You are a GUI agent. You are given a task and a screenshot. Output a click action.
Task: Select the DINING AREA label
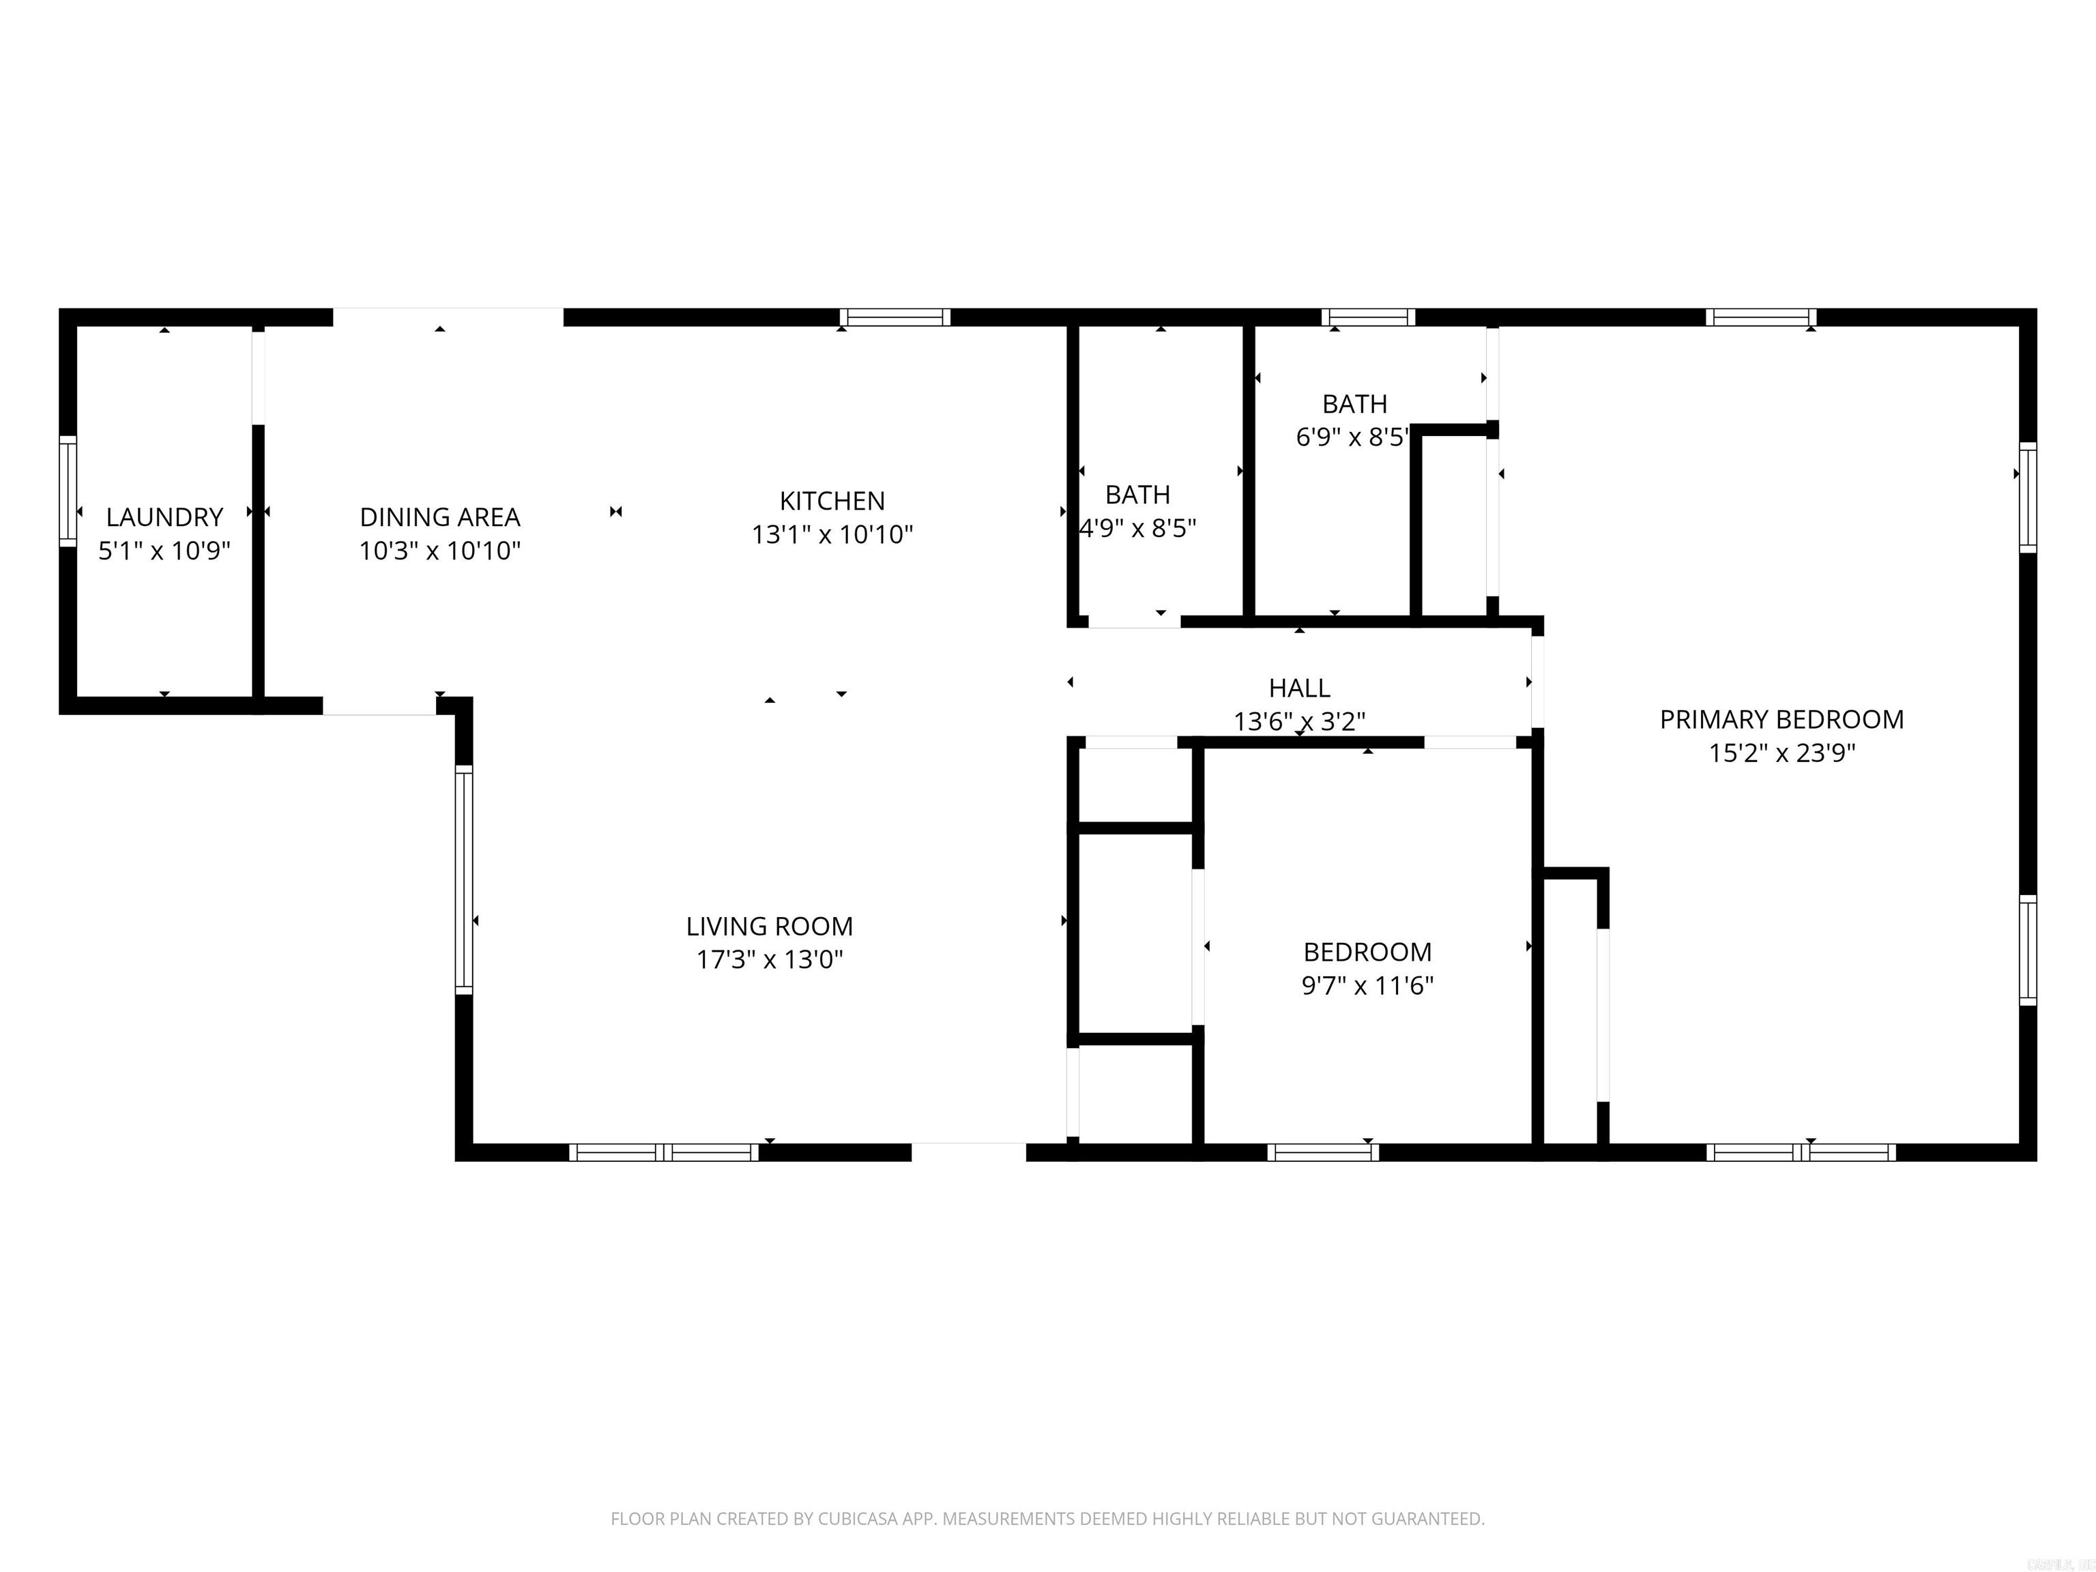coord(439,517)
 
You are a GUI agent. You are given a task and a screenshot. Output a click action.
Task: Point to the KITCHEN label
coord(832,501)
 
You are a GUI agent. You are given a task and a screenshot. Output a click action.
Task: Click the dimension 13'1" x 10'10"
coord(832,534)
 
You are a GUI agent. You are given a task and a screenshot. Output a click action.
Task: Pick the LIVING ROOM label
coord(770,926)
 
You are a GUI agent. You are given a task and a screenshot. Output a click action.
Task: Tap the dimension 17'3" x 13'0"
coord(770,960)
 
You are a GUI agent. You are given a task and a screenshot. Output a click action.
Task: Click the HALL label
coord(1299,688)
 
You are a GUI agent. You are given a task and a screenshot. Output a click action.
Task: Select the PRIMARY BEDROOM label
coord(1781,719)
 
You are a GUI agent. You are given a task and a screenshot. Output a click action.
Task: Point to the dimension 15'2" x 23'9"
coord(1781,753)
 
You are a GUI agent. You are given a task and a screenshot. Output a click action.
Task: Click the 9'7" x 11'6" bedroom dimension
coord(1367,985)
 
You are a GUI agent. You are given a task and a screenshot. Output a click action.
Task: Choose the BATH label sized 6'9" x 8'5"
coord(1354,405)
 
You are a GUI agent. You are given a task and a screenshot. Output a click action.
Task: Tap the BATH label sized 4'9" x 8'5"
coord(1137,495)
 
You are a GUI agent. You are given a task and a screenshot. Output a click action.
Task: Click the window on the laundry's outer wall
coord(68,491)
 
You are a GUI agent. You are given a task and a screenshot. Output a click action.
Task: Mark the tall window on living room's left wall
coord(463,879)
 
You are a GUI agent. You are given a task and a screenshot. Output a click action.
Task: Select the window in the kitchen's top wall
coord(894,317)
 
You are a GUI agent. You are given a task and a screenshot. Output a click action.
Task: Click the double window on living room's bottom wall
coord(663,1152)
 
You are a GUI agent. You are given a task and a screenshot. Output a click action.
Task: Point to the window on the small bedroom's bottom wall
coord(1323,1152)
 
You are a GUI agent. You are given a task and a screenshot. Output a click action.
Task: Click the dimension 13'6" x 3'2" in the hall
coord(1299,722)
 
